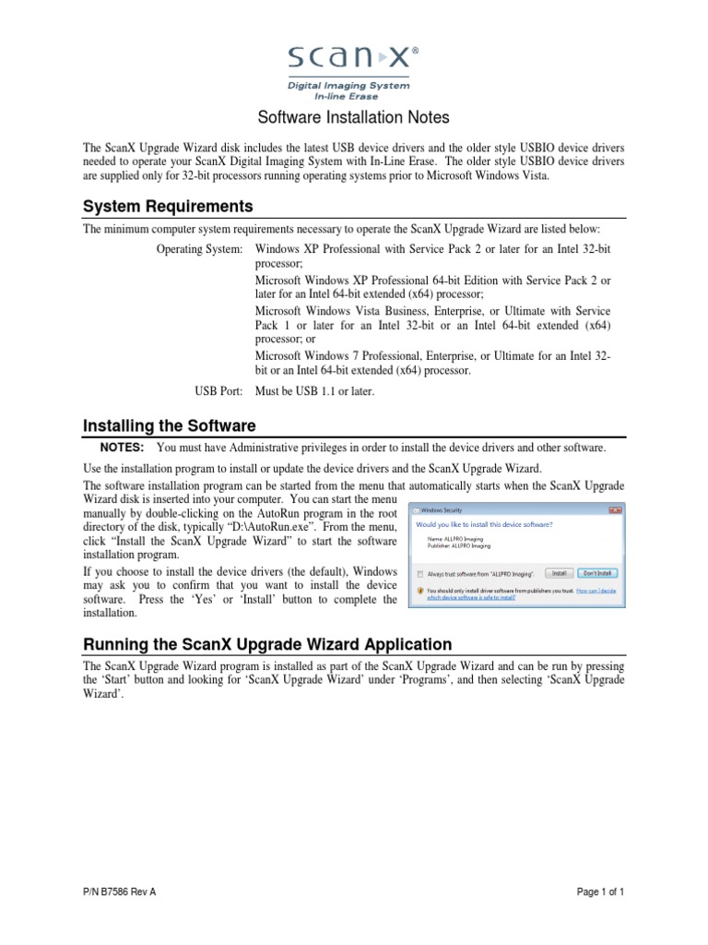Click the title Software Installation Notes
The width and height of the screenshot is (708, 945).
(353, 118)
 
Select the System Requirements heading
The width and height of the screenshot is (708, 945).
(168, 205)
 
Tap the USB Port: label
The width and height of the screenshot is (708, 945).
(218, 391)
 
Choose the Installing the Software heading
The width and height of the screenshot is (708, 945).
(170, 425)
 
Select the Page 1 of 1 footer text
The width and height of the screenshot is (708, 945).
(600, 892)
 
